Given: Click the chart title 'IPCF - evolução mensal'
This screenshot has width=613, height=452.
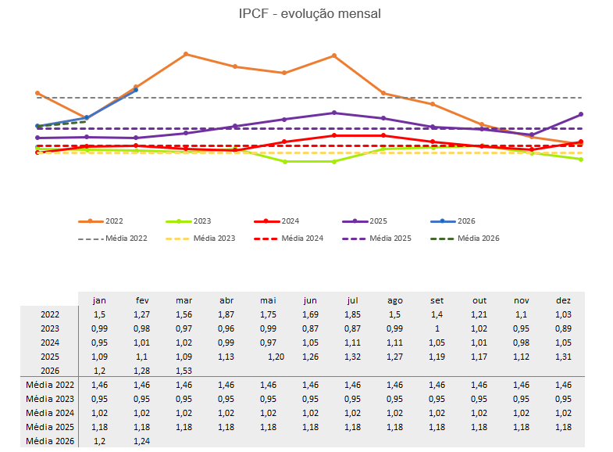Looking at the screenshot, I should tap(310, 14).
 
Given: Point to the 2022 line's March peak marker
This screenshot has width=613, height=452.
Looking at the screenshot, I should tap(186, 54).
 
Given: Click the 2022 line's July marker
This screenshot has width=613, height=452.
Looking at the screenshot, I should tap(334, 56).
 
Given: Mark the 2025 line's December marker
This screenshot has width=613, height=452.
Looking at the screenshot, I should tap(581, 114).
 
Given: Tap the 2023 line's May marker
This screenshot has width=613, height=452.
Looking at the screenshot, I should tap(284, 161).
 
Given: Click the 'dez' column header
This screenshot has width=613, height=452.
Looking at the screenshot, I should tap(563, 300).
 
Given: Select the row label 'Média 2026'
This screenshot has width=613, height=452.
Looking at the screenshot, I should tap(51, 442).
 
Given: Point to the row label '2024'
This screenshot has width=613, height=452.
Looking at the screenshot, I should tap(51, 343).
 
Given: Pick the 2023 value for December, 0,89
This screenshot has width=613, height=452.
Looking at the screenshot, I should tap(563, 328).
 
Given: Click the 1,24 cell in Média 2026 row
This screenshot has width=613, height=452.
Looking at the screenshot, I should tap(143, 442).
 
